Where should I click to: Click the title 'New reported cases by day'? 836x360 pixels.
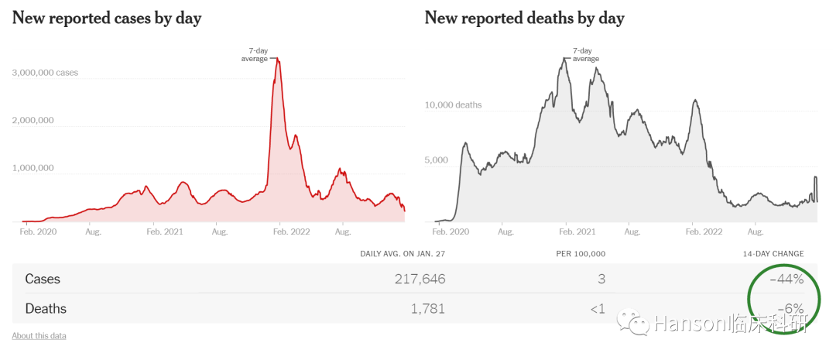[x=107, y=19]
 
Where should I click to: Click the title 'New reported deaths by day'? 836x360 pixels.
[x=524, y=19]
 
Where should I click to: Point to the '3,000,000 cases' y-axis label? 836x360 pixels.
[x=45, y=73]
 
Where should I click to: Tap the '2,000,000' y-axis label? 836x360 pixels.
[x=33, y=120]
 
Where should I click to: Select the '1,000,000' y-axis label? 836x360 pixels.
[x=33, y=168]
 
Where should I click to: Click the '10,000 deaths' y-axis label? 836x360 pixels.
[x=453, y=105]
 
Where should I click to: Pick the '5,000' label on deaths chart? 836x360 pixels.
[x=436, y=160]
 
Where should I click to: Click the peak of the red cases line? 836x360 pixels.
[x=278, y=60]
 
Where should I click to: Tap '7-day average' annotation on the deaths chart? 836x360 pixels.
[x=586, y=54]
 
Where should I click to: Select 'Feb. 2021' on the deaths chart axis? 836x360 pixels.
[x=576, y=231]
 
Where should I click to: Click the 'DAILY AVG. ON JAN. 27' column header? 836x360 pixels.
[x=403, y=254]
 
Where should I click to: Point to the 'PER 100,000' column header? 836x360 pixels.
[x=581, y=254]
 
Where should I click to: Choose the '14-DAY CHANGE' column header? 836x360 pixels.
[x=773, y=254]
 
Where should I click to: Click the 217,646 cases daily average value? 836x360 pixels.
[x=420, y=279]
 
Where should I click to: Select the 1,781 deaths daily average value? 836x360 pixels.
[x=428, y=309]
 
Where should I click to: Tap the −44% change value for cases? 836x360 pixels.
[x=786, y=279]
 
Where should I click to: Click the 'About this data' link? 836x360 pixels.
[x=39, y=336]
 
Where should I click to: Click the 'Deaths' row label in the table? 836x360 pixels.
[x=46, y=309]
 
